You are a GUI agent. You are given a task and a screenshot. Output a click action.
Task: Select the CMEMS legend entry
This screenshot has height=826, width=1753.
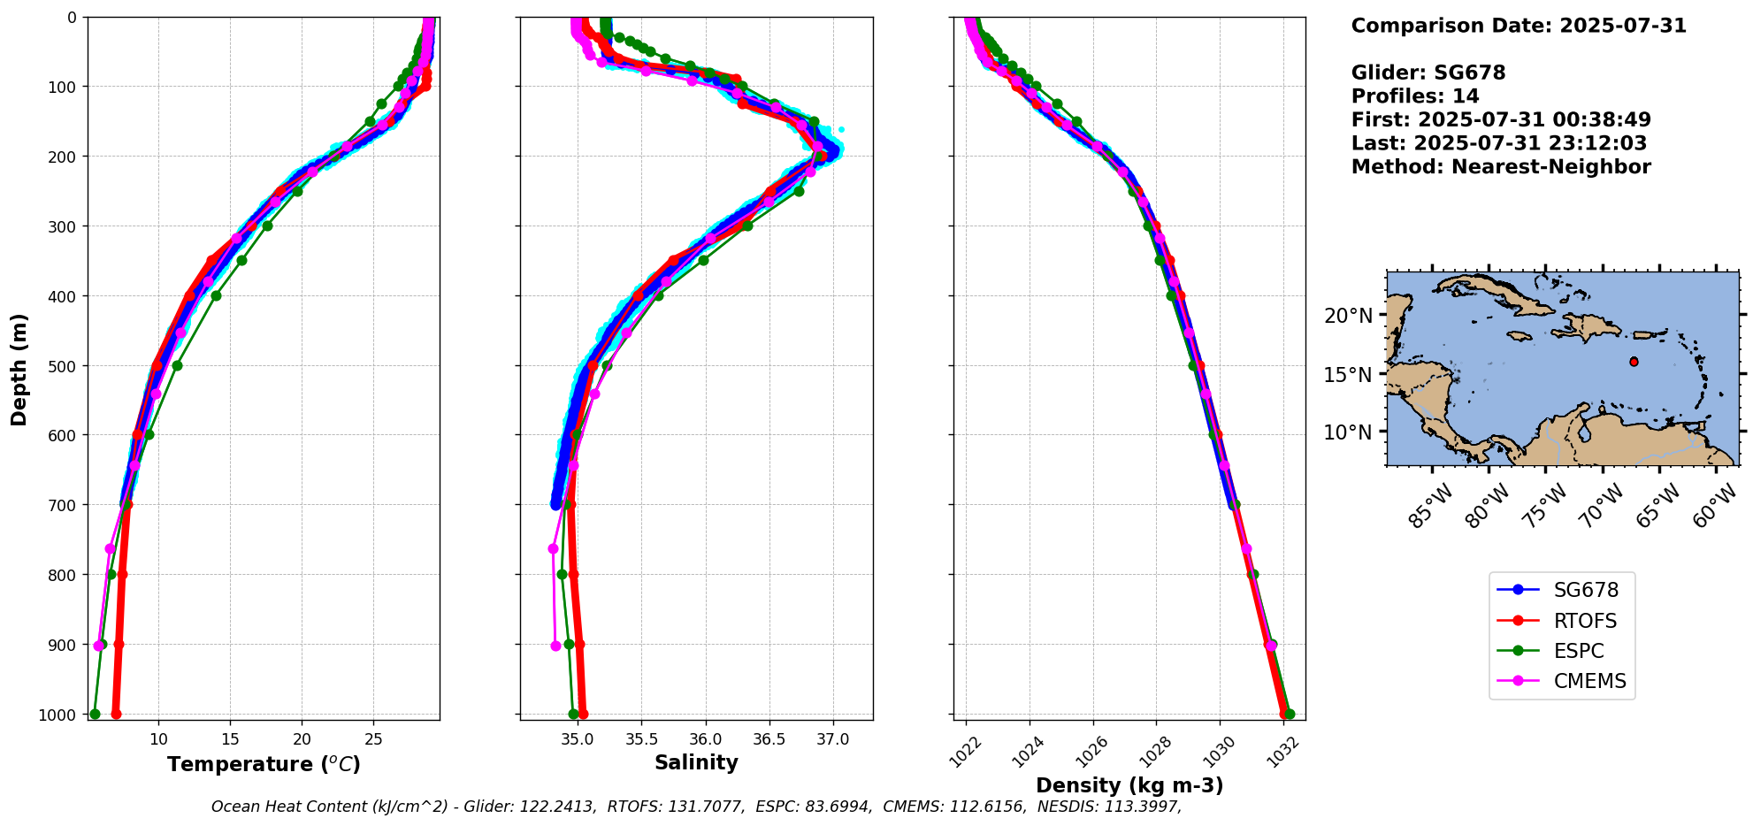pos(1589,681)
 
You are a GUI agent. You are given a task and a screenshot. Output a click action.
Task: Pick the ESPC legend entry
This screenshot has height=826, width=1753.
pos(1578,651)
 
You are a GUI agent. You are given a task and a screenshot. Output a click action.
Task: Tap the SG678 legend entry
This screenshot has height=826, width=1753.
pos(1586,590)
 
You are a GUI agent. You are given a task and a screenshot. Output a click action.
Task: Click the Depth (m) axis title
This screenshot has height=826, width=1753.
pos(19,369)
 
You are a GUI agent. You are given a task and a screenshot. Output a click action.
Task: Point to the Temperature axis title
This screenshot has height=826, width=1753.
pos(264,764)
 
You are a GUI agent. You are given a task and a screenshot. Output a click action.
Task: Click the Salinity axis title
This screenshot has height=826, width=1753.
pos(696,762)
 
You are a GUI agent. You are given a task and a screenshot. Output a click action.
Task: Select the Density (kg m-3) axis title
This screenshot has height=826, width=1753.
pos(1129,785)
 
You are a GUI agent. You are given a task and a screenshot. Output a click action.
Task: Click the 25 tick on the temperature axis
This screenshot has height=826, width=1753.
pos(373,738)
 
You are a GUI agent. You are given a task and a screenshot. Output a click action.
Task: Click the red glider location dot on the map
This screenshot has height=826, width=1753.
pos(1634,362)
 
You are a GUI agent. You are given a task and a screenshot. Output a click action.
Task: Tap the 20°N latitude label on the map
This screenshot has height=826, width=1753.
pos(1348,316)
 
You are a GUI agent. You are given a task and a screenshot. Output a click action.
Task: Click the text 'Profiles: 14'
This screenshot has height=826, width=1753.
pos(1415,96)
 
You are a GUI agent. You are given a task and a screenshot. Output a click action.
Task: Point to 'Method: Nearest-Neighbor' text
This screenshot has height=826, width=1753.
pos(1501,166)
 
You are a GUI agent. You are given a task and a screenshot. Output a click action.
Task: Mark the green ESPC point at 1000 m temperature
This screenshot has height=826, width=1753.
pos(95,714)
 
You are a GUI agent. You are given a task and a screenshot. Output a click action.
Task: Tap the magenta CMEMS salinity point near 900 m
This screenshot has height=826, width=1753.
pos(555,646)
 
